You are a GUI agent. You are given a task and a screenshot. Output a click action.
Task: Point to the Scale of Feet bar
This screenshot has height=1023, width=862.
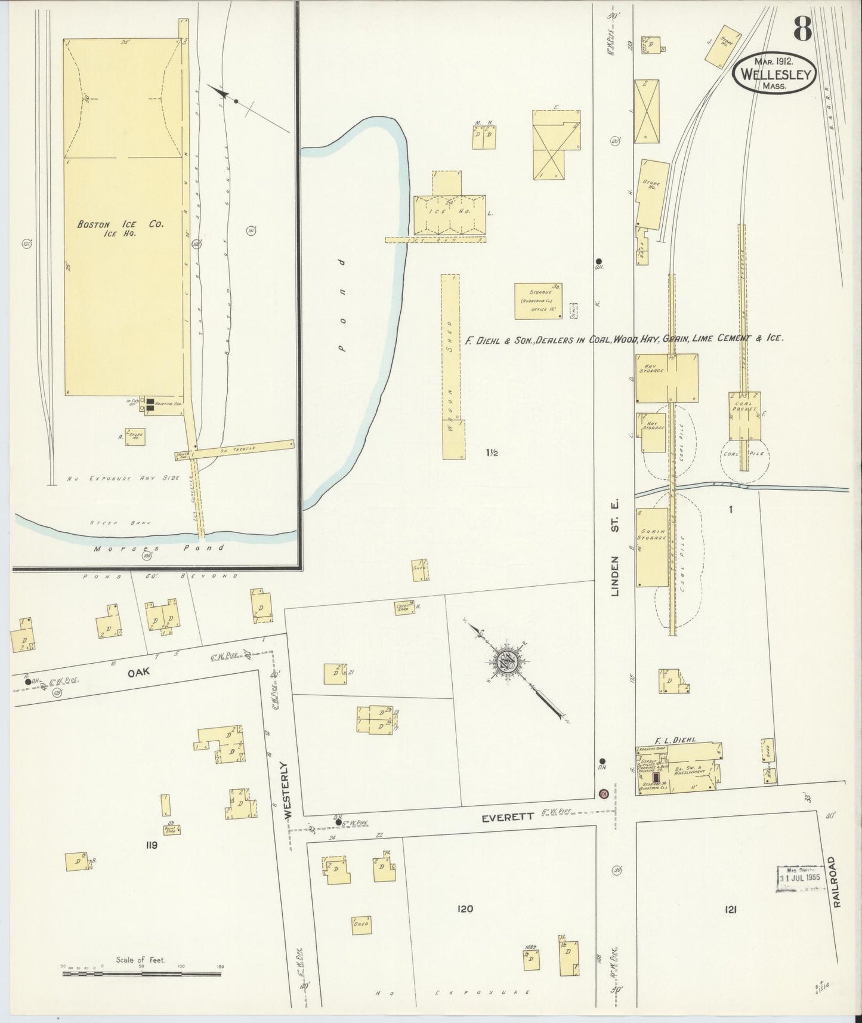coord(141,975)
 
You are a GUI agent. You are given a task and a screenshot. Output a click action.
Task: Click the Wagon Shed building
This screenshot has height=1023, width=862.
coord(453,366)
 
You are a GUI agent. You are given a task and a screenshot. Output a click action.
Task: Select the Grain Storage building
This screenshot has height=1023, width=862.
coord(651,547)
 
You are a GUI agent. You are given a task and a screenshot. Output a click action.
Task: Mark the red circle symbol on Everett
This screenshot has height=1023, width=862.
coord(603,794)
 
